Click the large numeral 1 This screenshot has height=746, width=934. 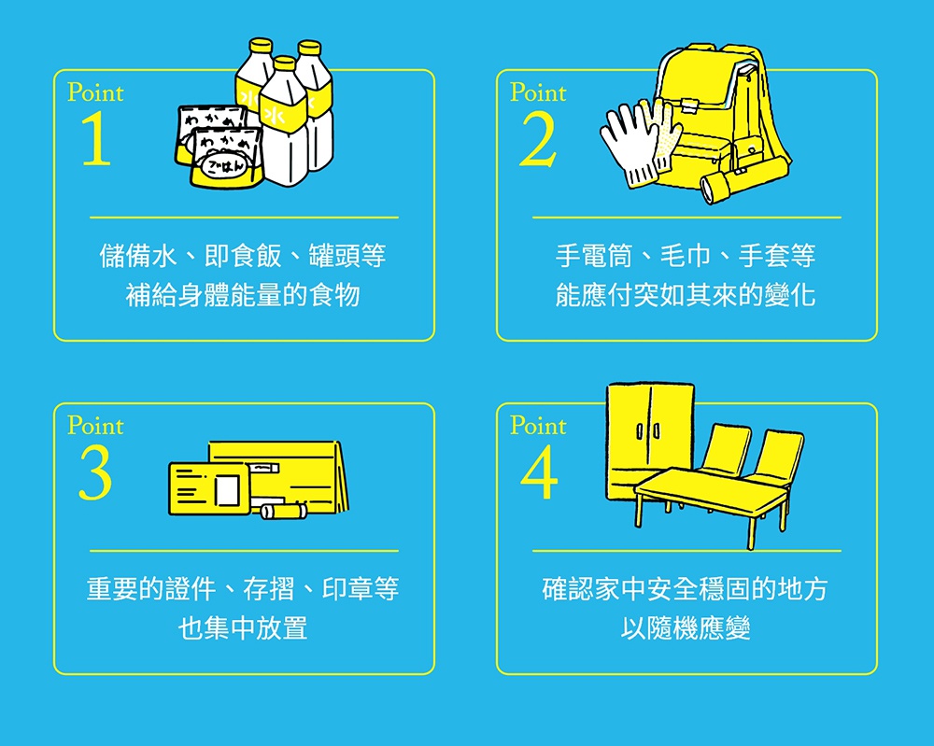pyautogui.click(x=96, y=139)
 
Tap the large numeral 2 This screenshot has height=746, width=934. pyautogui.click(x=538, y=139)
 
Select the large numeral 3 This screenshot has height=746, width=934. pyautogui.click(x=95, y=472)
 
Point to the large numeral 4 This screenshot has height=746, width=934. pyautogui.click(x=539, y=472)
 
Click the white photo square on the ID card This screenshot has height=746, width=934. pyautogui.click(x=227, y=489)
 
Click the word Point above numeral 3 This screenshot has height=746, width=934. pyautogui.click(x=95, y=426)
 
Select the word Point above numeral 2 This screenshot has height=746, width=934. pyautogui.click(x=538, y=92)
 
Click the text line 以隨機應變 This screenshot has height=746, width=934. pyautogui.click(x=685, y=628)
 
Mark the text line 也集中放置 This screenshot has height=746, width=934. pyautogui.click(x=243, y=628)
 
